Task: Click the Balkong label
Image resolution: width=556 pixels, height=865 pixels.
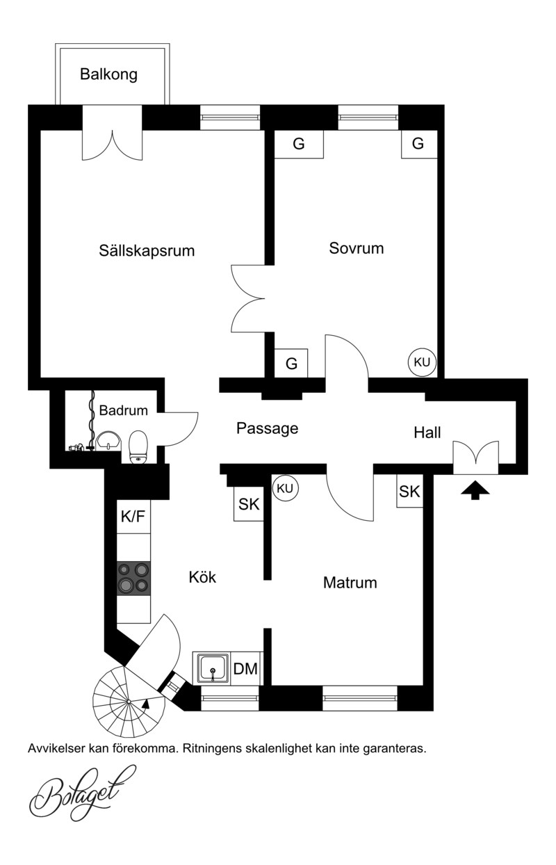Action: [108, 74]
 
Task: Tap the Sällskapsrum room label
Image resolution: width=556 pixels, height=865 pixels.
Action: [146, 250]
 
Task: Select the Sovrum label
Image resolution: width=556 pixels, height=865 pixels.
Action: [357, 248]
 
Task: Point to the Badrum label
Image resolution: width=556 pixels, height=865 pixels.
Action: [123, 411]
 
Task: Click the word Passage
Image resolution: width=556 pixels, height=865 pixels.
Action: [268, 428]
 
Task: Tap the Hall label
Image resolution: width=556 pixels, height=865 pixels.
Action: [427, 432]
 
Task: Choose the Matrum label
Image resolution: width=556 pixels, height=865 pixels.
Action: [350, 583]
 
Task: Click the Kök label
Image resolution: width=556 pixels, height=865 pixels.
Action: [203, 577]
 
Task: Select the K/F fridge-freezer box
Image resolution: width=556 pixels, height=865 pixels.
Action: [133, 517]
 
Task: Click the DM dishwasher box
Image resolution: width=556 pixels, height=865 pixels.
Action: [245, 669]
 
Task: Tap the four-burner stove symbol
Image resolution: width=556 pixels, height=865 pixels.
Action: [133, 579]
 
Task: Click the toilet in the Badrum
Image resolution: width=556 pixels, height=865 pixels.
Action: [140, 447]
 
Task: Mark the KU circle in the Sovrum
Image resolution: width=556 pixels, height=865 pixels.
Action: [422, 362]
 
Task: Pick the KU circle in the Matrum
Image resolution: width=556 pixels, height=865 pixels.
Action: [285, 488]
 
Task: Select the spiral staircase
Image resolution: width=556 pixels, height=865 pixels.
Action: [125, 699]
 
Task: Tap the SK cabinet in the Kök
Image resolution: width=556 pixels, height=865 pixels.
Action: [249, 505]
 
